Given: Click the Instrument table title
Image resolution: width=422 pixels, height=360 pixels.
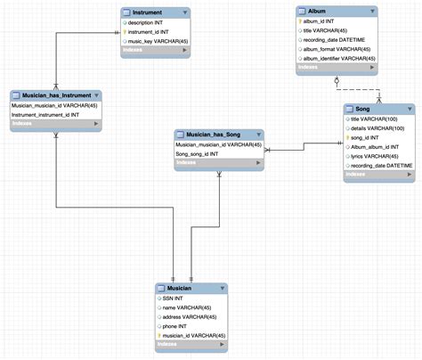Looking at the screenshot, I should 147,13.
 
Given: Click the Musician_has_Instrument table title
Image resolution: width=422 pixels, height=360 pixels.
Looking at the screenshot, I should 60,95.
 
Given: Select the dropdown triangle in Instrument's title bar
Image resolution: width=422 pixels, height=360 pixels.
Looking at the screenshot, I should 184,13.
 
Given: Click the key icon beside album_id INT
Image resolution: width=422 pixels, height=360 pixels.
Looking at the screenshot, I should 300,20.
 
